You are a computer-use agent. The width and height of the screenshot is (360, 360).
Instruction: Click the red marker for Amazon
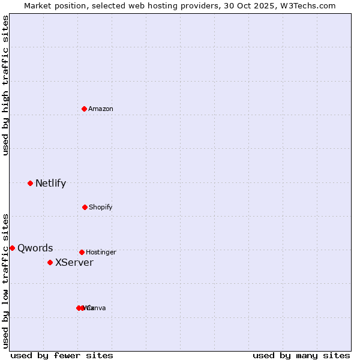(85, 109)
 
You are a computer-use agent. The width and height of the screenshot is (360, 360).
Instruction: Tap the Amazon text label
(100, 109)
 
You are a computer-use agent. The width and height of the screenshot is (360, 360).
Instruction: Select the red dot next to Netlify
(30, 183)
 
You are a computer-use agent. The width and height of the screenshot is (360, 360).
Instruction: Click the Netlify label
(50, 184)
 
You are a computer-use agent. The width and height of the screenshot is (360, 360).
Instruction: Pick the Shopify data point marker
(85, 207)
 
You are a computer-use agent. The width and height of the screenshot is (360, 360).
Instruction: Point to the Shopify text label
(100, 208)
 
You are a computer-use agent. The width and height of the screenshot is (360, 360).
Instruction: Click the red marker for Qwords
(12, 248)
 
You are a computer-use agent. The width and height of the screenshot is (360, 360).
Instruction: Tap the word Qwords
(35, 248)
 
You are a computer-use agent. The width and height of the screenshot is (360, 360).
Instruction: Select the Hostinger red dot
(82, 252)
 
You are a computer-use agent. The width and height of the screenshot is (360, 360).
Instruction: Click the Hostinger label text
(101, 253)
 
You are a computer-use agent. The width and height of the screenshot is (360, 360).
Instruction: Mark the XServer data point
(50, 262)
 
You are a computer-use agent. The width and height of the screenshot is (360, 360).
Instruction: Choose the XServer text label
(74, 263)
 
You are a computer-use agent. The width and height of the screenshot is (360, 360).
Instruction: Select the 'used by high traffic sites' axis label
(5, 85)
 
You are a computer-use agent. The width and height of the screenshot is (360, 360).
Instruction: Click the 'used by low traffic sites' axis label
(5, 281)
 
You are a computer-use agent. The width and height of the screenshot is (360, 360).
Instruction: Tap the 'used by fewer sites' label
(62, 355)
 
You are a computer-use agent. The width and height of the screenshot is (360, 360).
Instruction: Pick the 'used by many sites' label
(301, 355)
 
